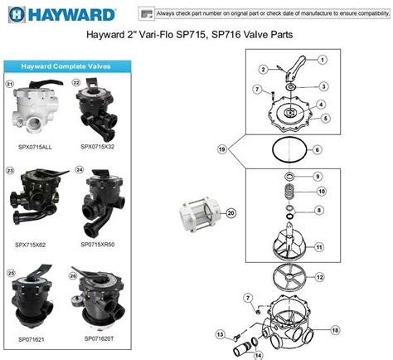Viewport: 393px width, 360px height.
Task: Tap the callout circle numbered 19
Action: tap(222, 149)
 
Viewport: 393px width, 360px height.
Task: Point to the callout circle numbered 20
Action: tap(232, 213)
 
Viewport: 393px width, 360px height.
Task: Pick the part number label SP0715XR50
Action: tap(99, 245)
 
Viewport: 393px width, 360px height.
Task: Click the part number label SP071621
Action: tap(33, 339)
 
